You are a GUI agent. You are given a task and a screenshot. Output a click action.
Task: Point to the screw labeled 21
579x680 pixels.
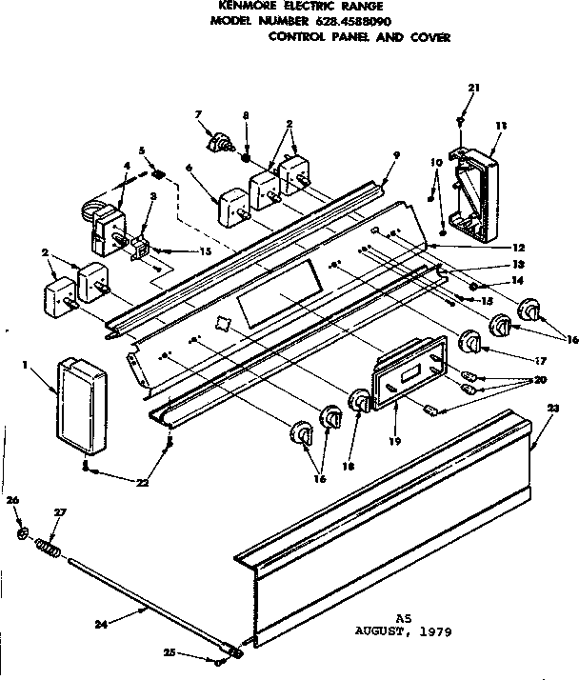click(x=460, y=121)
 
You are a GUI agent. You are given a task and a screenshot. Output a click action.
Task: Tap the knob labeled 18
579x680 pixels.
click(x=360, y=403)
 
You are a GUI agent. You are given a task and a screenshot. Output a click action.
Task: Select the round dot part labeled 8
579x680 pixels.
click(x=246, y=151)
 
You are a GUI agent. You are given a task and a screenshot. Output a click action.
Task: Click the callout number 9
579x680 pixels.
click(x=395, y=155)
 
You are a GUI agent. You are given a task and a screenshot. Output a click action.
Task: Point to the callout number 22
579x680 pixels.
click(x=142, y=484)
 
